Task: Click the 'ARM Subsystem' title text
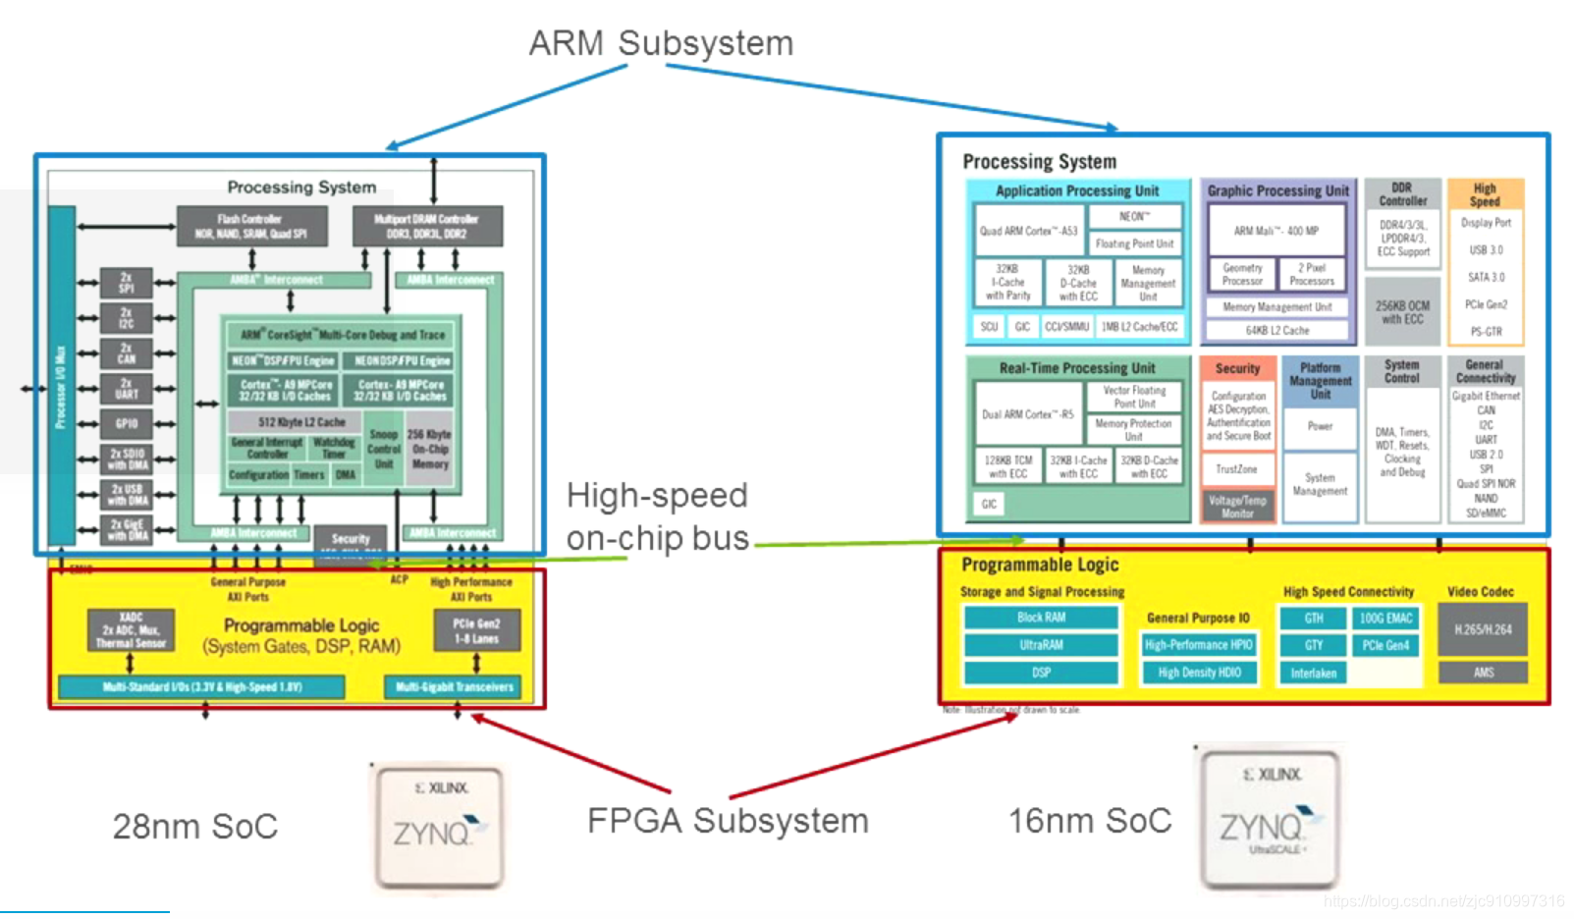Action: (660, 43)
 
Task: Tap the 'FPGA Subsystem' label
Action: (728, 821)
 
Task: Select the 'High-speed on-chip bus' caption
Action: (657, 516)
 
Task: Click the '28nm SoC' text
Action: (194, 827)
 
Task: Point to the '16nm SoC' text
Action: (1090, 821)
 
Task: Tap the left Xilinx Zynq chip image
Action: (439, 825)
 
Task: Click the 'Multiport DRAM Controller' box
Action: (426, 226)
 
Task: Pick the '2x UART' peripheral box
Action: (127, 389)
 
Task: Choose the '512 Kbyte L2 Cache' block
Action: (300, 422)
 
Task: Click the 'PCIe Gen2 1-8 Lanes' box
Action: (476, 631)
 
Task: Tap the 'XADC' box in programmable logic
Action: (131, 630)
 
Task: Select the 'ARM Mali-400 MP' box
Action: (1275, 232)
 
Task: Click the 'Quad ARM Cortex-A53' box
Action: (1027, 232)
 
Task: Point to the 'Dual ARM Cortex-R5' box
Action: (1027, 414)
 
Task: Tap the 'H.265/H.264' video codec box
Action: (1483, 629)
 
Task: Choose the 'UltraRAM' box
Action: (1041, 645)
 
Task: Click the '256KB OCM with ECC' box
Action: (1402, 312)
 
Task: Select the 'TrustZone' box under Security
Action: (1236, 469)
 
